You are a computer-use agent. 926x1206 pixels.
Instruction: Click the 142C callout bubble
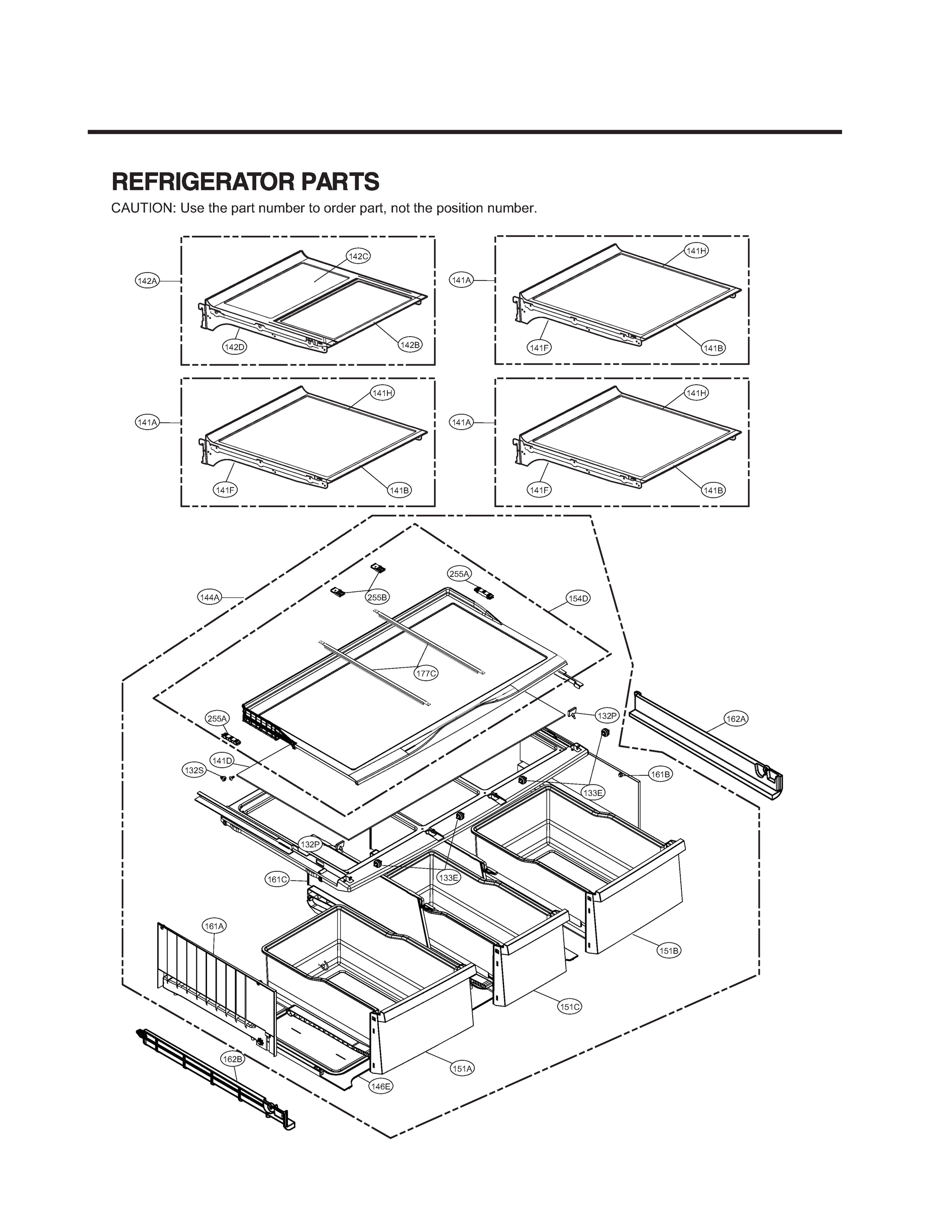[x=358, y=256]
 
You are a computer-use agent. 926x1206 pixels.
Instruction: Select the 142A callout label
[x=147, y=281]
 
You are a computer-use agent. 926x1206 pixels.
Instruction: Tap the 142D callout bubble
[x=234, y=347]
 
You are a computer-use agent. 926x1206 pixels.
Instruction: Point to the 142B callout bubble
[x=410, y=345]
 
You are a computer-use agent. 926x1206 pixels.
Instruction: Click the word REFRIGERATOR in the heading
[x=198, y=182]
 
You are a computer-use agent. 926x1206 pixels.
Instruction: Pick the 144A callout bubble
[x=210, y=597]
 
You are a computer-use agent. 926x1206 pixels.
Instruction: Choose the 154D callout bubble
[x=578, y=598]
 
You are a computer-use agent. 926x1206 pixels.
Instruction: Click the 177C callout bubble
[x=426, y=673]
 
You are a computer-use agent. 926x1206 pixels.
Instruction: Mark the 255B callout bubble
[x=377, y=597]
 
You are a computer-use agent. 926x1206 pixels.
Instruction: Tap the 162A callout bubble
[x=736, y=719]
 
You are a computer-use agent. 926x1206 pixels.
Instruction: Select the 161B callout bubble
[x=660, y=774]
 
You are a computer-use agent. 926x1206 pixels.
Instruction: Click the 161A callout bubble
[x=215, y=927]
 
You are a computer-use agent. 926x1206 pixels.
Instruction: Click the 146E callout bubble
[x=380, y=1086]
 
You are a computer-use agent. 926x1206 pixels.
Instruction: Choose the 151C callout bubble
[x=569, y=1007]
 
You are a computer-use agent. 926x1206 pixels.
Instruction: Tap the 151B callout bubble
[x=669, y=951]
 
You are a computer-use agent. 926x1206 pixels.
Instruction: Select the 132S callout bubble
[x=194, y=770]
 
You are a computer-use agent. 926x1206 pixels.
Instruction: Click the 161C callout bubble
[x=277, y=880]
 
